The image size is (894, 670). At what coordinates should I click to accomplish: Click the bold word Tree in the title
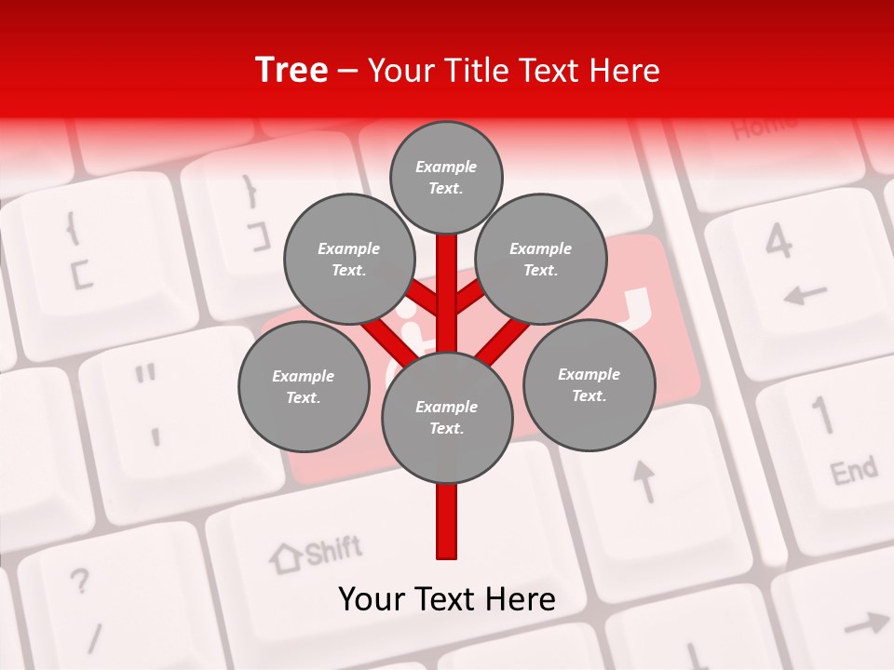[291, 71]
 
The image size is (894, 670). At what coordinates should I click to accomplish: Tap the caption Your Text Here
[447, 599]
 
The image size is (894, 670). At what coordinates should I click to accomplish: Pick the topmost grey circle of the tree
[446, 177]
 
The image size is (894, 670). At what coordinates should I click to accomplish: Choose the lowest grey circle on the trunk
[447, 418]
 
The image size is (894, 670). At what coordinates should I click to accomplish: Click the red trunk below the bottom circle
[447, 521]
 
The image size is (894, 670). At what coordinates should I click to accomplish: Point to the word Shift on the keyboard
[332, 550]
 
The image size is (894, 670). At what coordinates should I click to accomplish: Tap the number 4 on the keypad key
[779, 243]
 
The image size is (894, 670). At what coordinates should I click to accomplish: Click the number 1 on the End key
[822, 415]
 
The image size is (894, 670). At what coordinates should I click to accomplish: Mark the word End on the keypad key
[853, 471]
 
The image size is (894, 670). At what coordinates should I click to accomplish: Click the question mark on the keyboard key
[81, 582]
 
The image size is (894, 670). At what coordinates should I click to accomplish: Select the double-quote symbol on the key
[144, 375]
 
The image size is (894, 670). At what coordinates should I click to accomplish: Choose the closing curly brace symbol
[250, 190]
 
